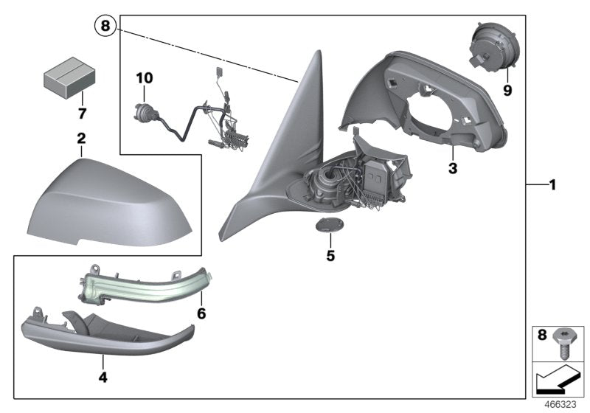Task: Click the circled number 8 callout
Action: click(105, 27)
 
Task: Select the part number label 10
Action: click(144, 77)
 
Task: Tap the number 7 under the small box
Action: click(83, 114)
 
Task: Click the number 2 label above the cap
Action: click(81, 138)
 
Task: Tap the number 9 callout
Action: click(507, 91)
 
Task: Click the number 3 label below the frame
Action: click(452, 168)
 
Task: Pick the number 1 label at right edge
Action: click(551, 184)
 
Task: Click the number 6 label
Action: click(201, 313)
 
